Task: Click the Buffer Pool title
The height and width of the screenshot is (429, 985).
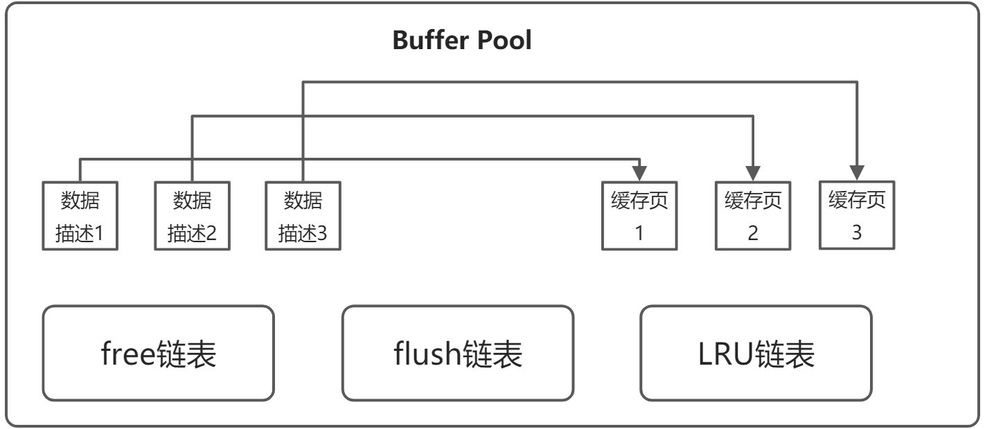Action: coord(462,40)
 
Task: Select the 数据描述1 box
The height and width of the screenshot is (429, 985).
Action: coord(80,215)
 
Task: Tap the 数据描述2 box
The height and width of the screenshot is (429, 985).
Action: coord(192,215)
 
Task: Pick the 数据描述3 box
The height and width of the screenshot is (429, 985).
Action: coord(303,215)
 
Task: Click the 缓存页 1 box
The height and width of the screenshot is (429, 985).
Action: coord(639,215)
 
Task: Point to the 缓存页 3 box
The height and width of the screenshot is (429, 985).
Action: coord(857,214)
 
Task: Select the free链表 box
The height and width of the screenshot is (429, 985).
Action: coord(159,354)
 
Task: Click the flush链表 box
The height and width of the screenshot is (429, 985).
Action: coord(458,354)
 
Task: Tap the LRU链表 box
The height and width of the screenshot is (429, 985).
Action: coord(756,354)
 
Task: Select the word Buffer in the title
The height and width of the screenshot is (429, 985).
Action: coord(430,40)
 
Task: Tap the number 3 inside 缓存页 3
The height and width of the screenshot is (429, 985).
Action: coord(857,232)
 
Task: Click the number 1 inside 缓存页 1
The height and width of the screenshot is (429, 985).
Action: coord(639,233)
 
